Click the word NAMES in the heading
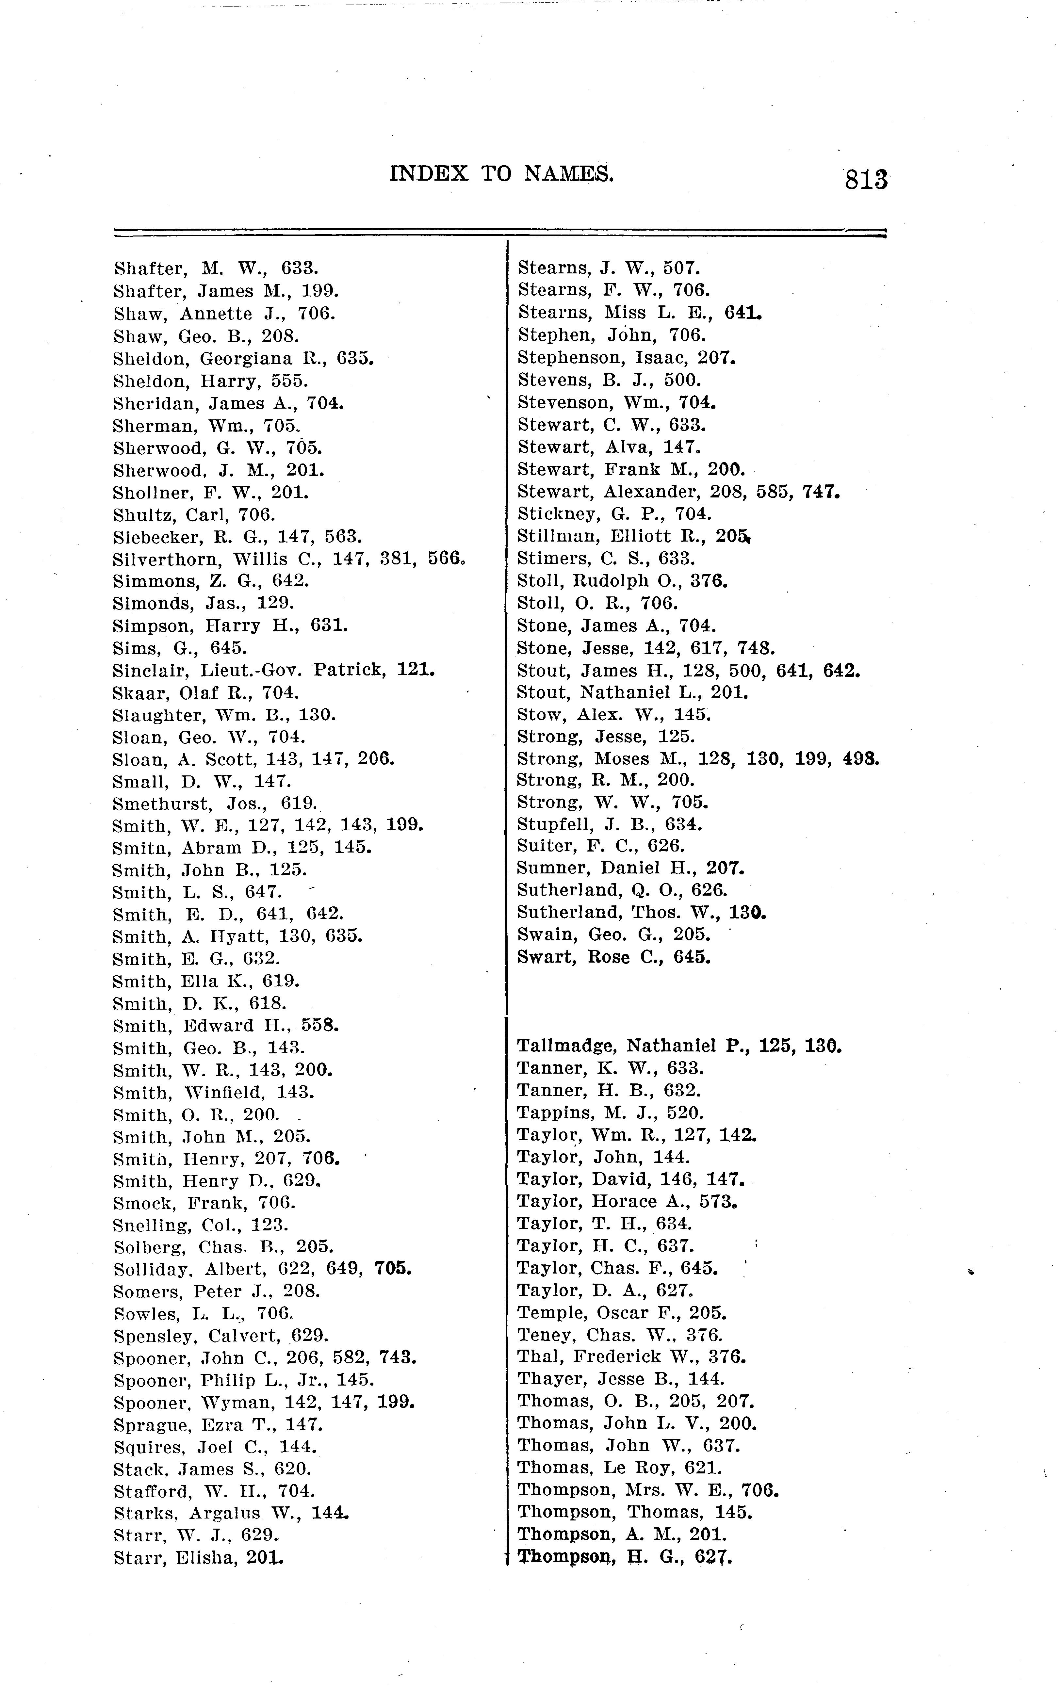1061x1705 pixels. [568, 173]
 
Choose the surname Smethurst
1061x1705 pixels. [161, 804]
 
